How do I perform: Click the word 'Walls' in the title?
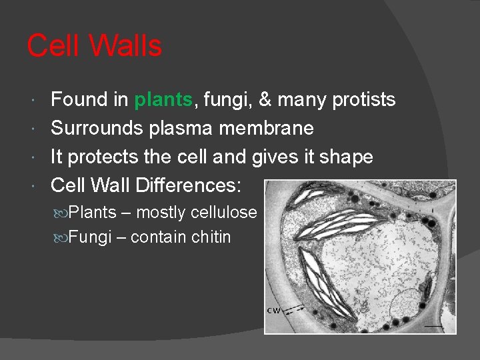tap(125, 46)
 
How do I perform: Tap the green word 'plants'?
tap(163, 100)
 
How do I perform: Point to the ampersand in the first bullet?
tap(265, 100)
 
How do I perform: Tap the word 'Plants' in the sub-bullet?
tap(92, 213)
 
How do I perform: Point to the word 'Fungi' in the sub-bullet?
tap(89, 237)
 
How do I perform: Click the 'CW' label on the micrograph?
tap(273, 311)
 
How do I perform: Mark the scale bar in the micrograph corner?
tap(434, 327)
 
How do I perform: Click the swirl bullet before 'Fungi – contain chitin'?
tap(60, 237)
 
